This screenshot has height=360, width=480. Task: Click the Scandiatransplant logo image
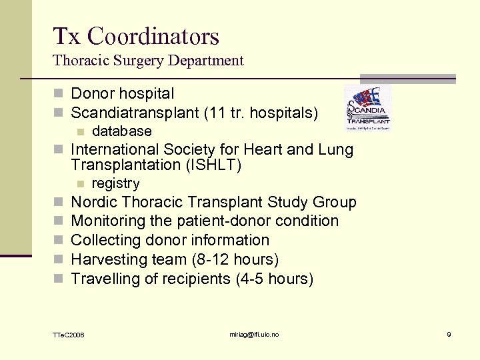tap(367, 108)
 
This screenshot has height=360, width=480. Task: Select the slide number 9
tap(449, 334)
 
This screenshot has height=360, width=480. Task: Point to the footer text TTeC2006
tap(69, 334)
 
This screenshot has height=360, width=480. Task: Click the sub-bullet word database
tap(121, 131)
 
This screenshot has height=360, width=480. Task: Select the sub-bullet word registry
tap(115, 183)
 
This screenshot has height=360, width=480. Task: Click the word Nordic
tap(93, 202)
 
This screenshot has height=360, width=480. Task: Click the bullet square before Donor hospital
tap(60, 94)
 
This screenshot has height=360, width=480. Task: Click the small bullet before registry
tap(81, 184)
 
